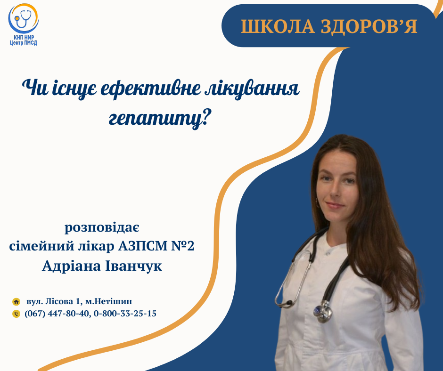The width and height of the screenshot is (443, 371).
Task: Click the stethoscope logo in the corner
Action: pos(23,18)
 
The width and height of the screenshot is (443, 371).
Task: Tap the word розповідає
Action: pos(102,227)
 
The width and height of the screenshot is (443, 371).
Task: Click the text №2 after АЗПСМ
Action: pos(183,246)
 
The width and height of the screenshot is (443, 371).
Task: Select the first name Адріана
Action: pos(71,266)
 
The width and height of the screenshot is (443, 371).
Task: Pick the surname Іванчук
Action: pos(134,266)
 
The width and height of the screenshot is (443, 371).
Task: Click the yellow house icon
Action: pos(16,302)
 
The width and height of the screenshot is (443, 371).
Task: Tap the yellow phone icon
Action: pos(16,314)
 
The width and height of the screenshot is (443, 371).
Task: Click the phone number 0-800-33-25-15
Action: pos(125,314)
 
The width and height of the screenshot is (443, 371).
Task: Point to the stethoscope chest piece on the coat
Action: pos(323,312)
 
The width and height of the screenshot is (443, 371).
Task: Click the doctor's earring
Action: pos(317,202)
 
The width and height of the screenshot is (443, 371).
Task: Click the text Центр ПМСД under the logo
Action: pos(24,43)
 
